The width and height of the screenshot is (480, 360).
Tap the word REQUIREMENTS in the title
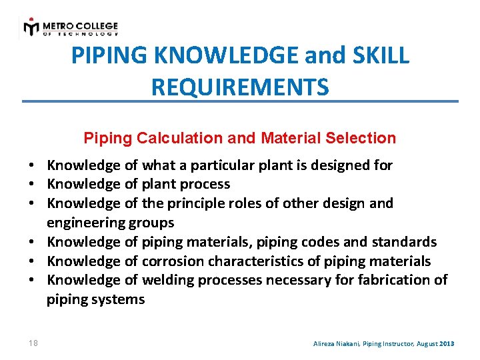pos(240,87)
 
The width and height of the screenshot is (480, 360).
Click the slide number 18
pos(33,343)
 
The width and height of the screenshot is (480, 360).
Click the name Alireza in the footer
pos(327,343)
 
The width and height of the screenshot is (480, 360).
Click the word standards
pos(407,241)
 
